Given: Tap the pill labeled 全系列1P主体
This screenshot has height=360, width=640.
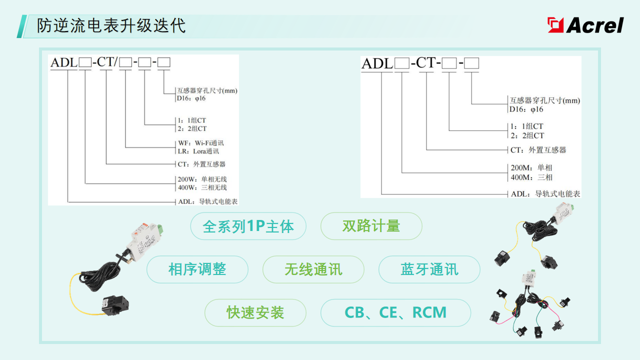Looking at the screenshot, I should pos(248,226).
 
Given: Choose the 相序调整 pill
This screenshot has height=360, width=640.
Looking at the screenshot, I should pos(197,269).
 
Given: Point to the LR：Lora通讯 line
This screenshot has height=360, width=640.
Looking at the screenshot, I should pos(198,152).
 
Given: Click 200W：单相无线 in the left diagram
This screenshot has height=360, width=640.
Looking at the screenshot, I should pos(202,179).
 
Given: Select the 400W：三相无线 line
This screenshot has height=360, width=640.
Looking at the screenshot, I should pos(202,188).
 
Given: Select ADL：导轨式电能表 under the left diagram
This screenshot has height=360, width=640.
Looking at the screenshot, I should pos(210,202).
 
